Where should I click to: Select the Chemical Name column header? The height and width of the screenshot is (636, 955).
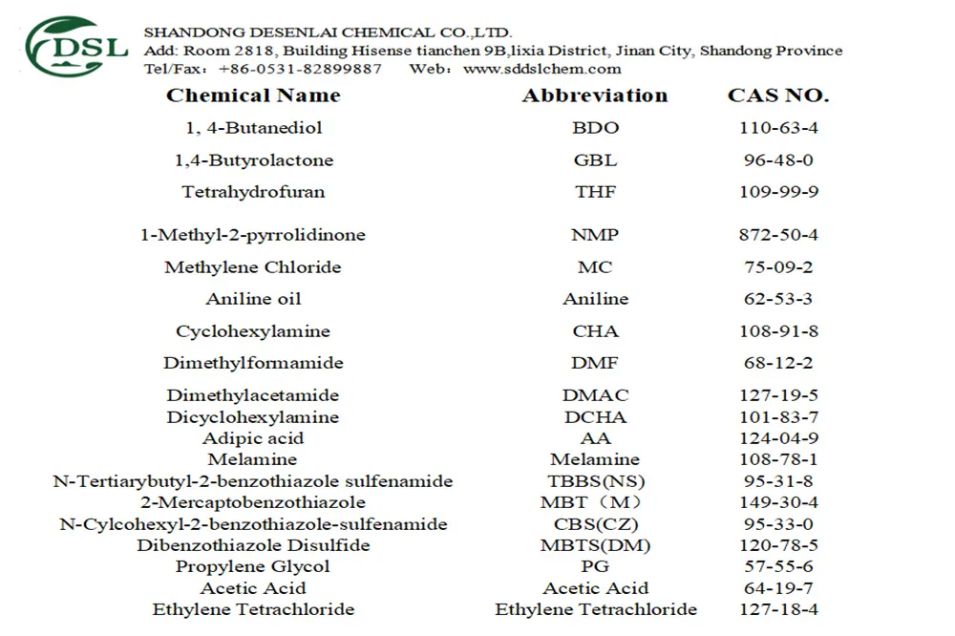point(253,95)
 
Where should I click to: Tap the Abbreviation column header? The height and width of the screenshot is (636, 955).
point(595,95)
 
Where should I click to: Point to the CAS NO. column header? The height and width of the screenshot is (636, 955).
point(778,95)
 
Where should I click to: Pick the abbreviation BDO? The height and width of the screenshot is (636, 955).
point(595,128)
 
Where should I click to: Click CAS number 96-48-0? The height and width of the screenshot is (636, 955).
point(778,160)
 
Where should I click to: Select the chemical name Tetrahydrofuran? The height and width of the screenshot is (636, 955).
point(253,192)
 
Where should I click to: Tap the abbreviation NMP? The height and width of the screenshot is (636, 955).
point(595,235)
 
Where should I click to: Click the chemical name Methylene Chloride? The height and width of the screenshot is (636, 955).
point(253,267)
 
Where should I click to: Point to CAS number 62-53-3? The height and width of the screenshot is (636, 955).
point(778,299)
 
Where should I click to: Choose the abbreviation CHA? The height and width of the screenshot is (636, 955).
point(595,331)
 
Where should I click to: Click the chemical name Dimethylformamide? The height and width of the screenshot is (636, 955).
point(253,363)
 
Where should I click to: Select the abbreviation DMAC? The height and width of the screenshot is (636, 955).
point(595,395)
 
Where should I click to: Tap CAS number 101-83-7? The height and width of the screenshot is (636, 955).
point(778,417)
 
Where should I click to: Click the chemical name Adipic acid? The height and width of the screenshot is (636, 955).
point(253,438)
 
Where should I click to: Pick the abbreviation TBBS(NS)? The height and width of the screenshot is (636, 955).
point(595,481)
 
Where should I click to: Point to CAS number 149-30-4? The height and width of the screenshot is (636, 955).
point(778,502)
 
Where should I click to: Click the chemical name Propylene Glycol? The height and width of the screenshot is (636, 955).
point(253,566)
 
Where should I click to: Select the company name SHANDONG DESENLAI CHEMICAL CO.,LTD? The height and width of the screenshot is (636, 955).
point(328,32)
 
